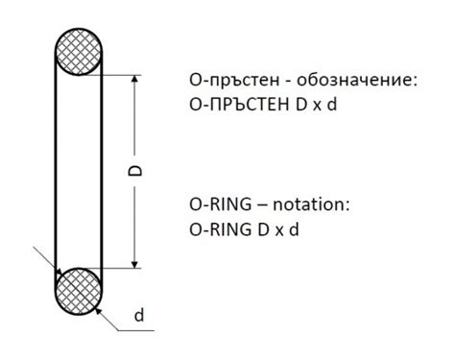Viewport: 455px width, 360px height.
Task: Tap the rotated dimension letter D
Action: tap(135, 171)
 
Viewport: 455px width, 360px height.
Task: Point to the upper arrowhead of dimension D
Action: tap(135, 83)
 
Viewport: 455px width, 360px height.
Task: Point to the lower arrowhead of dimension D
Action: tap(135, 260)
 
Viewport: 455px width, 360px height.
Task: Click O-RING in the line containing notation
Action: tap(217, 205)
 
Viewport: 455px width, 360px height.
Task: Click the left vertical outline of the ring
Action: tap(55, 171)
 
